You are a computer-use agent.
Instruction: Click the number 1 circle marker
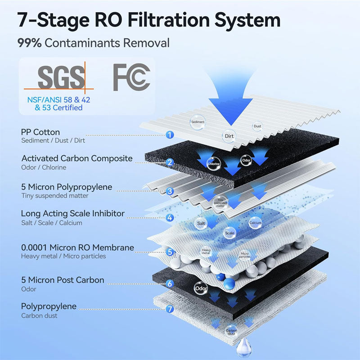pos(170,135)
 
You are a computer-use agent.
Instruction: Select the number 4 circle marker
pos(170,218)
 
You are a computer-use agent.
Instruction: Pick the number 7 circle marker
pos(170,309)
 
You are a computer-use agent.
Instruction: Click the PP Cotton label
pos(40,132)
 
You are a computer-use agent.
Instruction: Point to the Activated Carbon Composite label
pos(77,158)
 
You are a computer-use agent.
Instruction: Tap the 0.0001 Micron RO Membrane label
pos(77,247)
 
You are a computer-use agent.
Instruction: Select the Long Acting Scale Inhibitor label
pos(73,213)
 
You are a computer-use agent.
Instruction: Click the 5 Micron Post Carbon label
pos(63,280)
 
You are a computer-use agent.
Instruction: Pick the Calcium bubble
pos(255,223)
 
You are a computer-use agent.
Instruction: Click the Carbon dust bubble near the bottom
pos(231,331)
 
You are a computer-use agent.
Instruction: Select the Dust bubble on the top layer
pos(257,126)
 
